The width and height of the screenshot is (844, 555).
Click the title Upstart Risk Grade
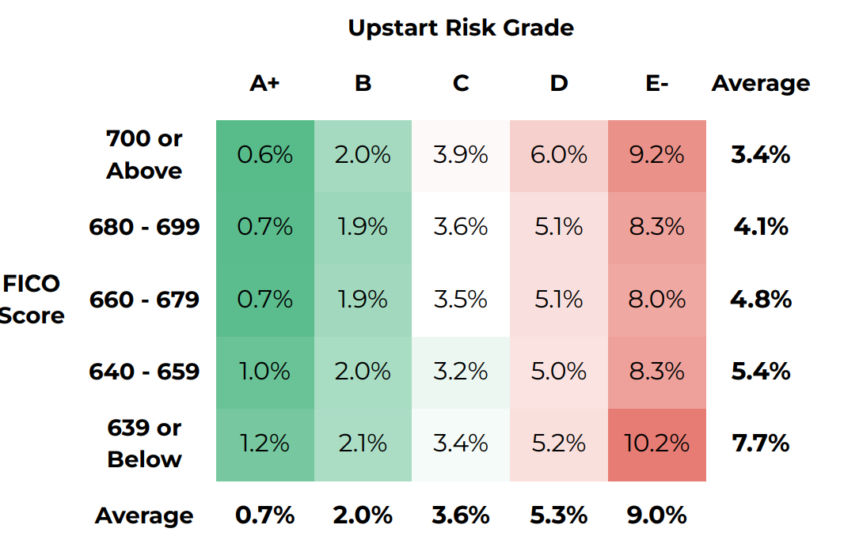tap(461, 28)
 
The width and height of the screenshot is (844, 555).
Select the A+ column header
tap(264, 84)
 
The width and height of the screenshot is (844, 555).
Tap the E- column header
tap(656, 84)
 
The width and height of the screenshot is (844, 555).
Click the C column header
tap(461, 84)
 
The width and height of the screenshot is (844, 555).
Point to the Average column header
tap(760, 84)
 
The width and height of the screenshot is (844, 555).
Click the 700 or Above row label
tap(144, 154)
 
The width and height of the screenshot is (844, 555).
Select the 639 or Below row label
tap(144, 444)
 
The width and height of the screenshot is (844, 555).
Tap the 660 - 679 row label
tap(144, 300)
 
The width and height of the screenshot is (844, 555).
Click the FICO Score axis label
tap(32, 300)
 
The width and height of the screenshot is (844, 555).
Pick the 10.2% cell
tap(656, 444)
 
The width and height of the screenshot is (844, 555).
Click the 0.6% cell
tap(264, 155)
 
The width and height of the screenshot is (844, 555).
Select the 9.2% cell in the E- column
tap(656, 155)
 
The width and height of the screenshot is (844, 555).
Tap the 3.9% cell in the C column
tap(461, 155)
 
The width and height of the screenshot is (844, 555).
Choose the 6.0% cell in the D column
tap(559, 155)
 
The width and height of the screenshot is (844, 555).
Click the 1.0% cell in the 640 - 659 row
tap(264, 372)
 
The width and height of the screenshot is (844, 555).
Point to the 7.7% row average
tap(760, 444)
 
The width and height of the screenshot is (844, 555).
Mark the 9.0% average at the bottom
tap(656, 515)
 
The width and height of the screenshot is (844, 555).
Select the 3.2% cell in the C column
tap(461, 372)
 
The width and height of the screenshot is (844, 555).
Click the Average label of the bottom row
tap(144, 516)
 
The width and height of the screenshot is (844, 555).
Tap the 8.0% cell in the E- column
tap(656, 300)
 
